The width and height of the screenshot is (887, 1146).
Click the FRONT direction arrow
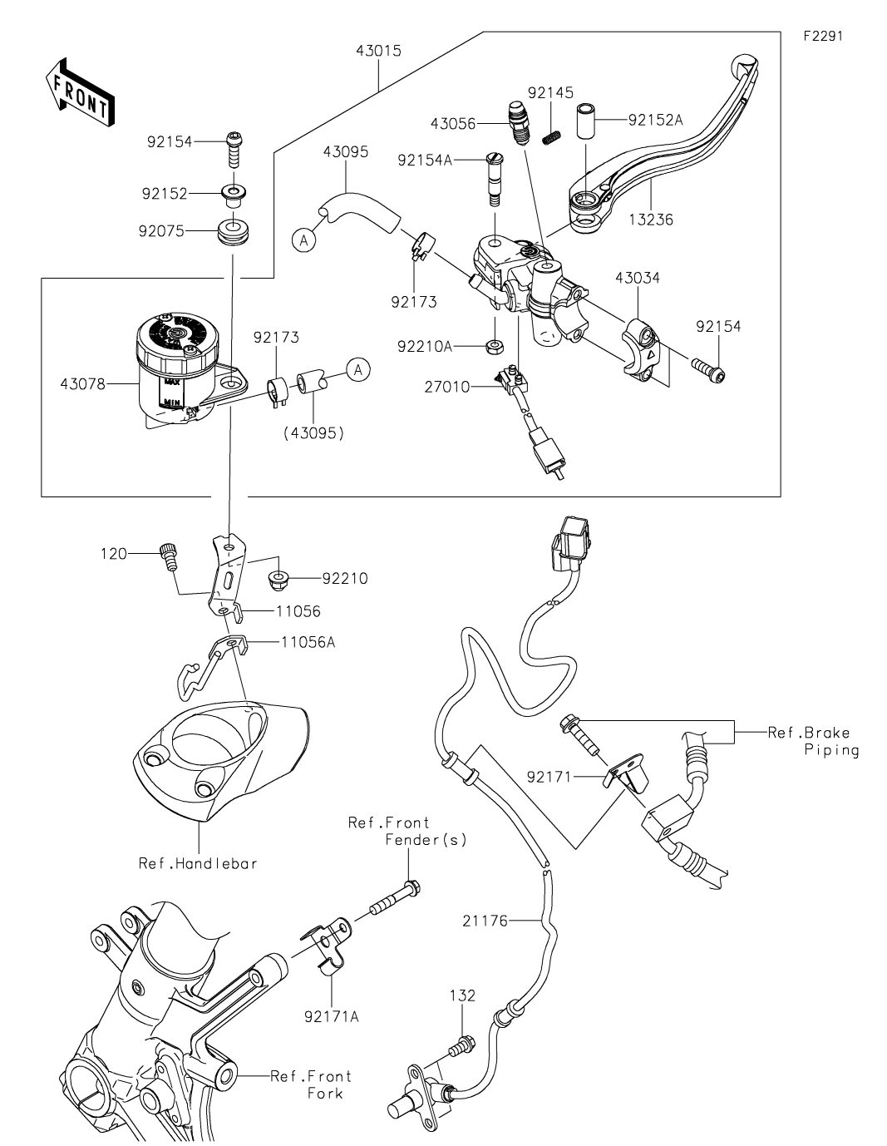[x=80, y=91]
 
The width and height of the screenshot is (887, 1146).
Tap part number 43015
[x=378, y=51]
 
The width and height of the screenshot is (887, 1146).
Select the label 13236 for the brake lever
[x=651, y=220]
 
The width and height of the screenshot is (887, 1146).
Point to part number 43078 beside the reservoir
[x=82, y=384]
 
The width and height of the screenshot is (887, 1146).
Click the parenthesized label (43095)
[x=313, y=432]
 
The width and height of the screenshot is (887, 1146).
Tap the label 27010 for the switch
[x=446, y=387]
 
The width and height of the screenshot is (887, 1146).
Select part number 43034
[x=638, y=278]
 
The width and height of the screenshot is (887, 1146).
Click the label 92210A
[x=425, y=346]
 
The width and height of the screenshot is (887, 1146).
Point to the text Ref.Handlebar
[x=198, y=863]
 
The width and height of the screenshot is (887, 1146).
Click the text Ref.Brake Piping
[x=813, y=741]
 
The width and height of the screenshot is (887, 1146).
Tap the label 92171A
[x=333, y=1016]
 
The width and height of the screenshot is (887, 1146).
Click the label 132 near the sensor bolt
[x=463, y=995]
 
